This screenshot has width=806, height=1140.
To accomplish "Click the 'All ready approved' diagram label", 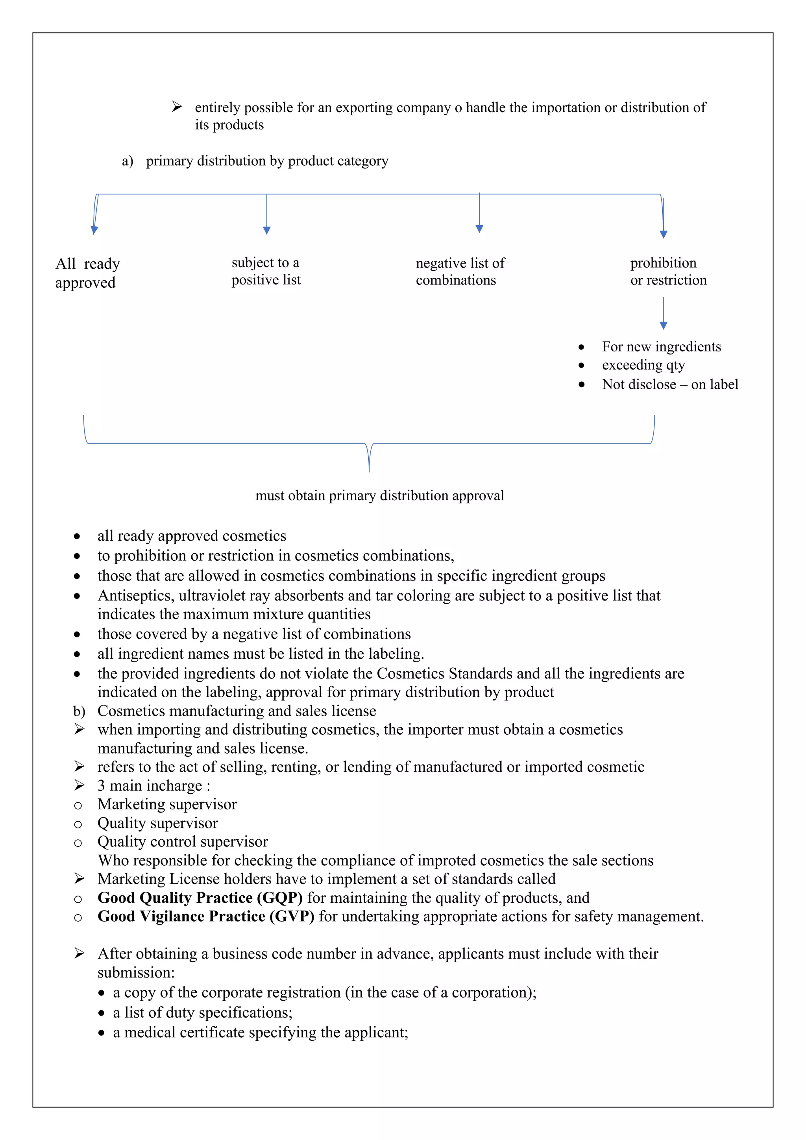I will click(x=87, y=273).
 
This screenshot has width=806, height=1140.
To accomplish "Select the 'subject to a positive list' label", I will click(x=266, y=271).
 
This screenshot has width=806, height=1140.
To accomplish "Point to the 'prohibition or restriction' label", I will click(x=668, y=271).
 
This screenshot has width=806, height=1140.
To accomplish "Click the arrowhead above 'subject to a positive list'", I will click(x=267, y=230).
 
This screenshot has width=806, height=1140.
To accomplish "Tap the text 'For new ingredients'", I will click(x=661, y=347).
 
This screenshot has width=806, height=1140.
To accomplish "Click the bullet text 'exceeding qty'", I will click(x=643, y=365).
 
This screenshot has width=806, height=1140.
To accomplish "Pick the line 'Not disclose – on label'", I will click(x=669, y=384).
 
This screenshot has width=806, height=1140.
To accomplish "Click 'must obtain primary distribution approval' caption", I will click(x=379, y=495).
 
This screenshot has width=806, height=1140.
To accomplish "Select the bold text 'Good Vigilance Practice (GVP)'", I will click(x=205, y=916).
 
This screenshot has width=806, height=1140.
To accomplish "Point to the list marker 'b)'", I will click(x=79, y=711).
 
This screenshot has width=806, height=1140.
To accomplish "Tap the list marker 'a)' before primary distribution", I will click(x=127, y=161).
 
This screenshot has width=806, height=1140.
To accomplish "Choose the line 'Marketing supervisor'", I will click(x=167, y=804).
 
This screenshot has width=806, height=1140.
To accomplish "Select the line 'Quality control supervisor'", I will click(x=182, y=842).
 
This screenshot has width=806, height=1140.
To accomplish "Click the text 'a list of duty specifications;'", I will click(x=203, y=1013).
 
